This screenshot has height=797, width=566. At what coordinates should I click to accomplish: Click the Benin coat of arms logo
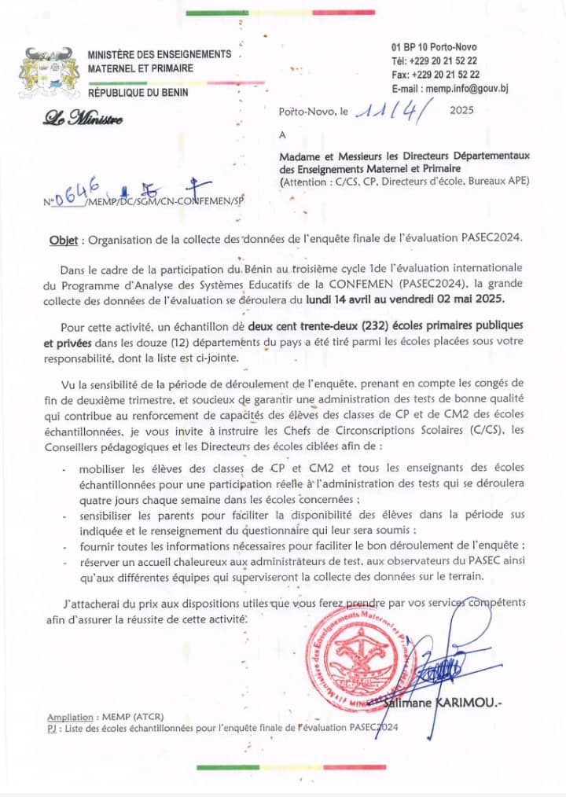coord(45,72)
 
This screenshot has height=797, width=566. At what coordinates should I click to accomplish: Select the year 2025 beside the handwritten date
coord(463,112)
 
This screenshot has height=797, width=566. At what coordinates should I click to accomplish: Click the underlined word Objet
coord(63,238)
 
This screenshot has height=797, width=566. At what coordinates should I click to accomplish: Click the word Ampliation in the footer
coord(70,718)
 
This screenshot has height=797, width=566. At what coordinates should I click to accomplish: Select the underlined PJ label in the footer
coord(51,729)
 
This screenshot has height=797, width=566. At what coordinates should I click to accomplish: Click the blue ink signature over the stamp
coord(444,656)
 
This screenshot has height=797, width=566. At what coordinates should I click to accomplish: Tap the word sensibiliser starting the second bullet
coord(111,516)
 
